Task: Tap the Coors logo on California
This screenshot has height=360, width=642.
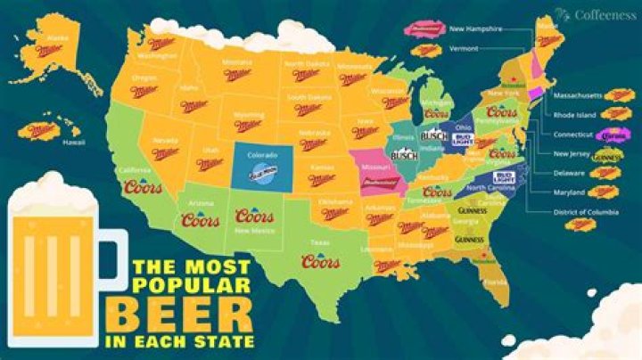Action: [x=144, y=189]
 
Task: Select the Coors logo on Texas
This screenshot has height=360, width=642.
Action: [x=320, y=261]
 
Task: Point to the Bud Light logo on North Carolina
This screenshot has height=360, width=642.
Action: [x=504, y=177]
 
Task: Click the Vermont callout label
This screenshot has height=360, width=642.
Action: [x=465, y=46]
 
